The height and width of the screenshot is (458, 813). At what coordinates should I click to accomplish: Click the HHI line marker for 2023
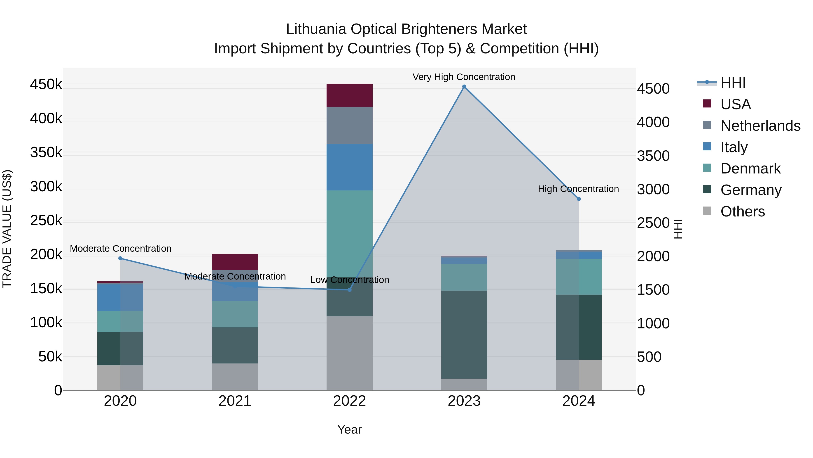point(464,87)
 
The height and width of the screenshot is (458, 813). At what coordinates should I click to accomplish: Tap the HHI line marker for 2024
point(579,199)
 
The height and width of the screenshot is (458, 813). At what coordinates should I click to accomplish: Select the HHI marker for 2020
point(120,258)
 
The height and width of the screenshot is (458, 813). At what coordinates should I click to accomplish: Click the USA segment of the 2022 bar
point(349,95)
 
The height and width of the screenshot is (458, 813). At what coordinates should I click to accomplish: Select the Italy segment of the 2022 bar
point(349,167)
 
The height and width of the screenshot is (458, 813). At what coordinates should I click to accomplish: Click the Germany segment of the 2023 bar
point(464,335)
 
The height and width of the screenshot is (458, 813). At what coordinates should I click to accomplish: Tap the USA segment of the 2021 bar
point(235,262)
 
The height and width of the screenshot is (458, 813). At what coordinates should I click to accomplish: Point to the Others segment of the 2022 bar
point(349,353)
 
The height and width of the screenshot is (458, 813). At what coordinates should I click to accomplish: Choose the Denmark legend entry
point(750,168)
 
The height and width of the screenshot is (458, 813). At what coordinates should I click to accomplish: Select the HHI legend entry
point(733,83)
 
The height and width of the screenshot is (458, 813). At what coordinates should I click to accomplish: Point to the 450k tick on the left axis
point(46,85)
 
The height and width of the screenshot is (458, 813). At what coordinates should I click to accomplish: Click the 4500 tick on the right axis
point(653,89)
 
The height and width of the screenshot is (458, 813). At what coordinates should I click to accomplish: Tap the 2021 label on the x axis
point(235,401)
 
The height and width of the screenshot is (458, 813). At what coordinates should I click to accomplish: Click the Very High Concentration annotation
point(464,77)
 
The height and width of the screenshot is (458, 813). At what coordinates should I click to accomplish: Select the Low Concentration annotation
point(349,280)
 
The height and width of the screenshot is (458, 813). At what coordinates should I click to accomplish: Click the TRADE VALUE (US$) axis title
point(7,229)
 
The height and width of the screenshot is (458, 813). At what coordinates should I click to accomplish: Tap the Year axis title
point(349,430)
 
